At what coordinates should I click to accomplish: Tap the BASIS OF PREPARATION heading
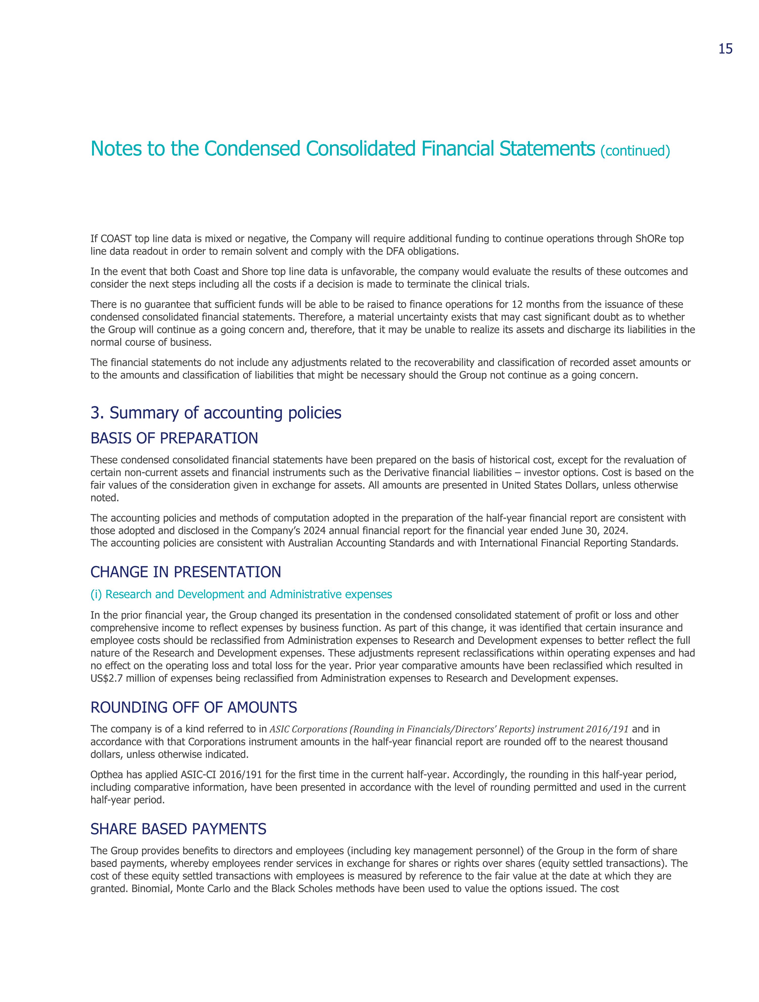[x=174, y=438]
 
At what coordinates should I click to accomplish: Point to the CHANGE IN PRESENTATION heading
[x=186, y=572]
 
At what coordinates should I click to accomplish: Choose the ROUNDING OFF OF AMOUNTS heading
[x=194, y=707]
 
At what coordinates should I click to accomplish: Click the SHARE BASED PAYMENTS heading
[x=178, y=829]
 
